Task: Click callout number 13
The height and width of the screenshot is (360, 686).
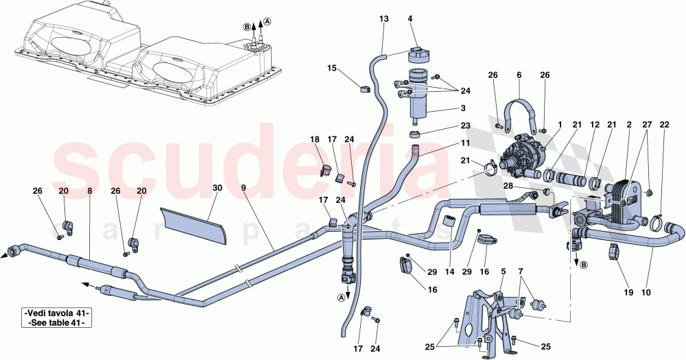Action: pyautogui.click(x=383, y=19)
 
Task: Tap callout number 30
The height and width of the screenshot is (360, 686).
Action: pyautogui.click(x=217, y=188)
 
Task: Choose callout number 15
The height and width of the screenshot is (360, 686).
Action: pyautogui.click(x=332, y=69)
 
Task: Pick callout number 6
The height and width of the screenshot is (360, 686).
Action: pyautogui.click(x=519, y=75)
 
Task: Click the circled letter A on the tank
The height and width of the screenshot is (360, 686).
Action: pyautogui.click(x=268, y=21)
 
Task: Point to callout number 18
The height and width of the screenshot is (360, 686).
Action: pyautogui.click(x=316, y=139)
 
